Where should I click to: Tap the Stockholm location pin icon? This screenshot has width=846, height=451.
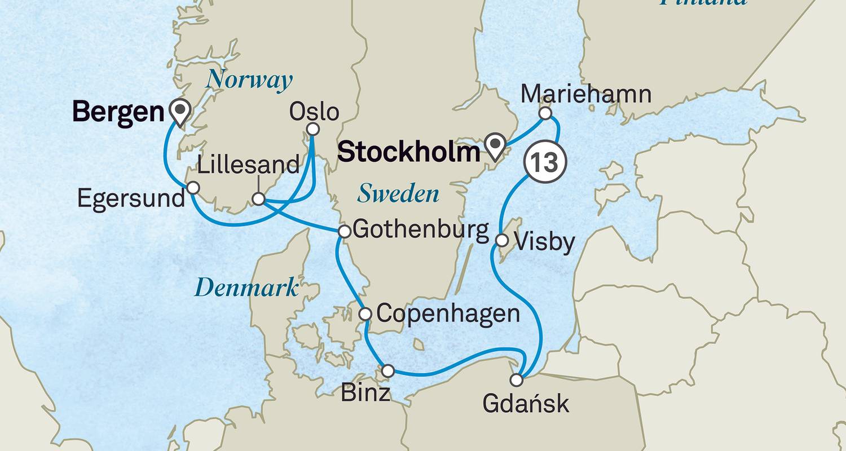click(x=496, y=146)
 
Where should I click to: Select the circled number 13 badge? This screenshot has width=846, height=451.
click(x=545, y=162)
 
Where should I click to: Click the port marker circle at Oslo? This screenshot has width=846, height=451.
click(x=314, y=129)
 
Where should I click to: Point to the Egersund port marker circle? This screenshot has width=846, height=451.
click(x=193, y=187)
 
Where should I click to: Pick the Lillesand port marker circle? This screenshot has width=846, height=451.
click(x=258, y=199)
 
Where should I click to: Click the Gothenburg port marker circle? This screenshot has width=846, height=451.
click(x=344, y=231)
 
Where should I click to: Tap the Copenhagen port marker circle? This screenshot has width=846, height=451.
click(x=365, y=313)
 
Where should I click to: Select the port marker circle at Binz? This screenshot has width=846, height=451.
click(x=388, y=370)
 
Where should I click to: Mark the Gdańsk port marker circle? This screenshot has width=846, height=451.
click(x=517, y=379)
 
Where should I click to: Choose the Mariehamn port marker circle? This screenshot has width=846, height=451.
click(x=545, y=113)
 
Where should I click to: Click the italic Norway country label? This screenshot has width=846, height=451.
click(x=249, y=81)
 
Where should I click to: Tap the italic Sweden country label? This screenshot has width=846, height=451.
click(x=398, y=194)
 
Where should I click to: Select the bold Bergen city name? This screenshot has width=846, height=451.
click(x=118, y=112)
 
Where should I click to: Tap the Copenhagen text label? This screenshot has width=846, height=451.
click(x=448, y=313)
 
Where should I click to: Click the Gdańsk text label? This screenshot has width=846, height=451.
click(x=526, y=404)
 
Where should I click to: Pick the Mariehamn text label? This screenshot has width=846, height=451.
click(x=587, y=94)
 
